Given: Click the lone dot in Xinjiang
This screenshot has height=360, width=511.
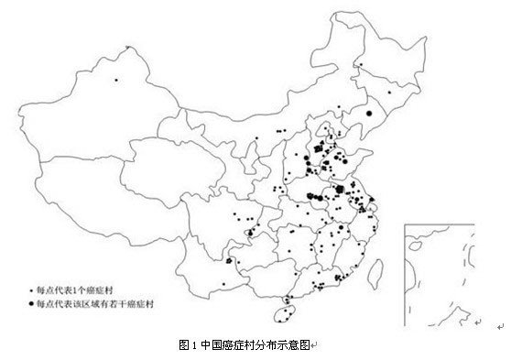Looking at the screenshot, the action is pyautogui.click(x=117, y=82).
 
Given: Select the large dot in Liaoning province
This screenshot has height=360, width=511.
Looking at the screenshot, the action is pyautogui.click(x=368, y=113).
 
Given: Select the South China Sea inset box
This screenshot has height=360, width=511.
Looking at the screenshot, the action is pyautogui.click(x=449, y=275).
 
